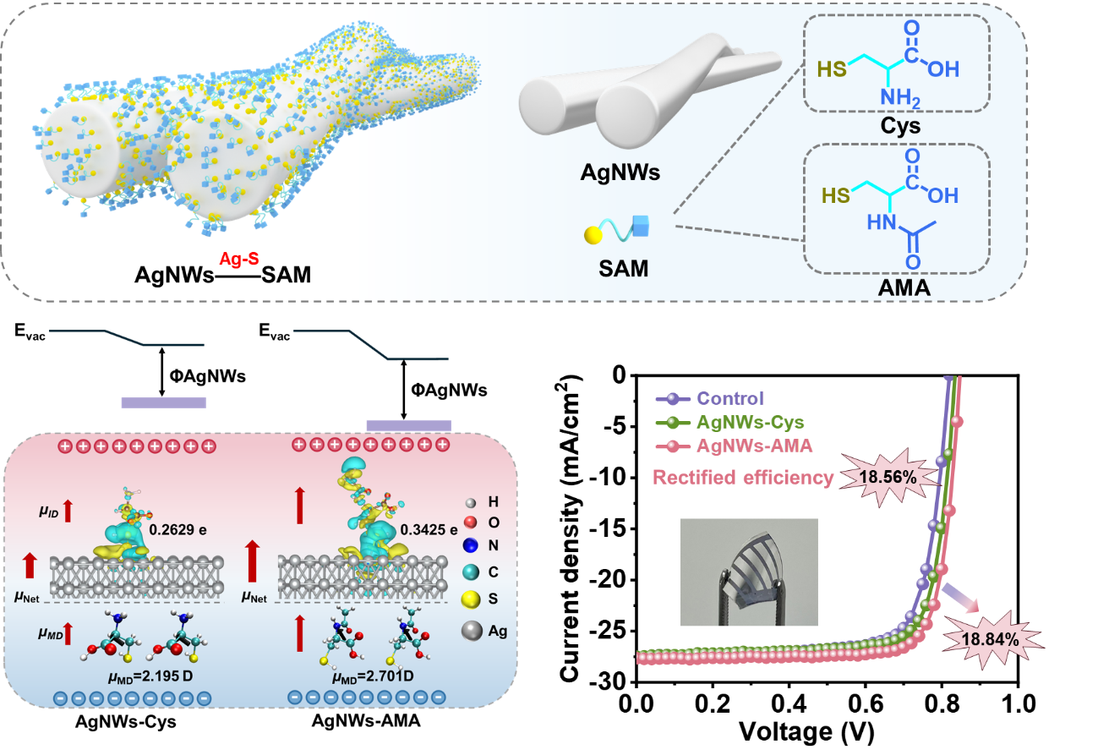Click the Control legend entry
(x=730, y=398)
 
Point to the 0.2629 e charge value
(x=178, y=530)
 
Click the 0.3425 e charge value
(x=430, y=530)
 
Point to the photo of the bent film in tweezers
(x=749, y=572)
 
